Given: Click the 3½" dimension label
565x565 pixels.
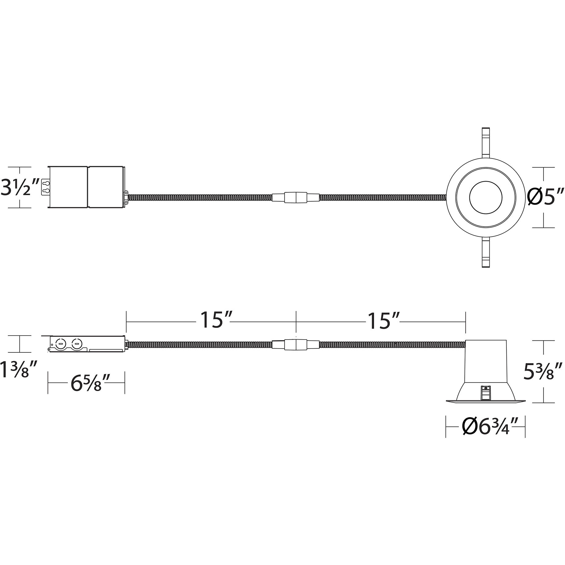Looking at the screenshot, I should tap(20, 187).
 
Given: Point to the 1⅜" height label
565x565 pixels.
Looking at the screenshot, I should tap(19, 370).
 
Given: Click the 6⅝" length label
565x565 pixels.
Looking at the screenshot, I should tap(86, 383).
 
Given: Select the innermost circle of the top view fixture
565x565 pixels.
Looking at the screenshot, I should tap(485, 198).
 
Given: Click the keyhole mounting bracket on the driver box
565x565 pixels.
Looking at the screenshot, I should tap(45, 187).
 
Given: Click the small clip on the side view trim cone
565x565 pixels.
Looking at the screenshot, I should tap(485, 393).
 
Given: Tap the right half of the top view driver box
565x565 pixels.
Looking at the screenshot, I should tap(106, 187).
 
